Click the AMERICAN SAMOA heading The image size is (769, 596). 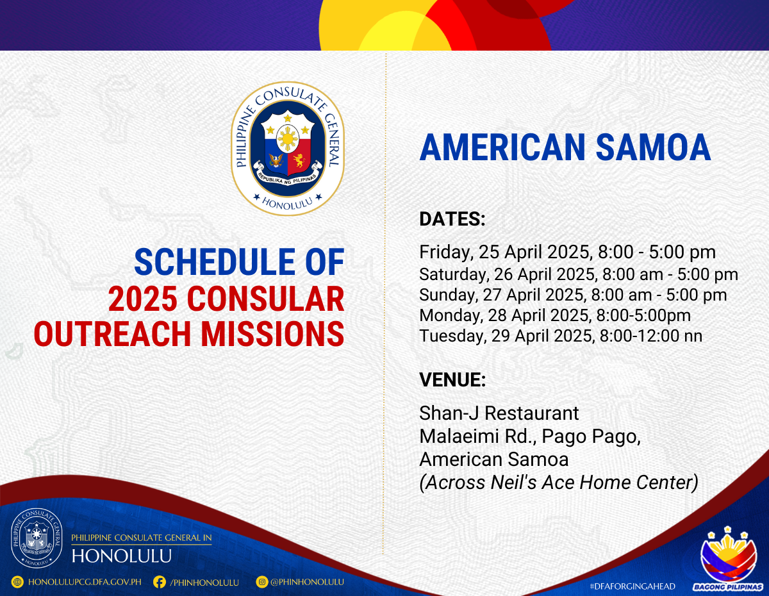565,147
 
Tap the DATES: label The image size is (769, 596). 452,219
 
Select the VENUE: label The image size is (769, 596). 452,380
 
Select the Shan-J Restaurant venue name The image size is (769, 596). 499,413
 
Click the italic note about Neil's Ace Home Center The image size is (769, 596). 559,483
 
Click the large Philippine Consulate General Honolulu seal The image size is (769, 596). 288,149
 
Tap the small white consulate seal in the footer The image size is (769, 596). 37,538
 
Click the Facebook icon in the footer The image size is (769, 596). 160,582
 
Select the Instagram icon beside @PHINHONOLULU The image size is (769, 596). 262,582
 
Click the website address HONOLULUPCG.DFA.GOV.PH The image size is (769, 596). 85,582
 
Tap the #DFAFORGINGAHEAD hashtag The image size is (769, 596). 633,586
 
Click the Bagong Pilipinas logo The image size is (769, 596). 728,560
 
